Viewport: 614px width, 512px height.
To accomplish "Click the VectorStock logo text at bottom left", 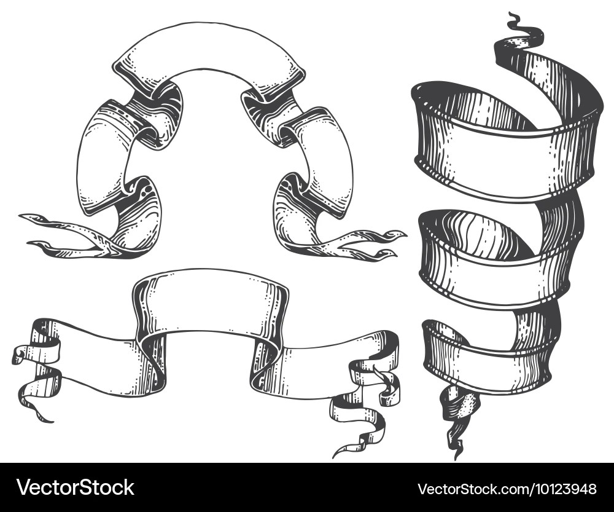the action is pos(75,487).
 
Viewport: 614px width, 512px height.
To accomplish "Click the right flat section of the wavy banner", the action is pos(321,364).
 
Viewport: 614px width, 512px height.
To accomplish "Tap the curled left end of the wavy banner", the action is pos(35,369).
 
